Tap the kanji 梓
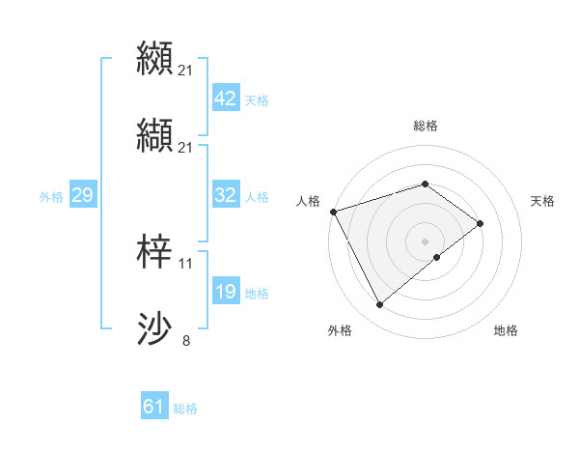pyautogui.click(x=155, y=250)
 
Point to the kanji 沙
pyautogui.click(x=155, y=328)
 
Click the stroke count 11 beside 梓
pyautogui.click(x=186, y=263)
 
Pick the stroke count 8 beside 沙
pyautogui.click(x=186, y=341)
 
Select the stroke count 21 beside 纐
pyautogui.click(x=186, y=70)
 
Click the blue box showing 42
pyautogui.click(x=226, y=99)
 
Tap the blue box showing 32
pyautogui.click(x=226, y=195)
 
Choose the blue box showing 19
pyautogui.click(x=226, y=292)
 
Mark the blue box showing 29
pyautogui.click(x=82, y=195)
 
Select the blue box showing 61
pyautogui.click(x=154, y=407)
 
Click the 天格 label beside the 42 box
pyautogui.click(x=257, y=100)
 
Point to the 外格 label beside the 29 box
pyautogui.click(x=51, y=197)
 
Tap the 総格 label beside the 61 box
pyautogui.click(x=185, y=409)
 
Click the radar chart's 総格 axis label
pyautogui.click(x=426, y=126)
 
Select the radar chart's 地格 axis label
pyautogui.click(x=506, y=330)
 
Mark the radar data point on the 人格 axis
pyautogui.click(x=333, y=211)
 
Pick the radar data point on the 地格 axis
pyautogui.click(x=437, y=257)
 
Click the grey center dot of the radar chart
pyautogui.click(x=426, y=241)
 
